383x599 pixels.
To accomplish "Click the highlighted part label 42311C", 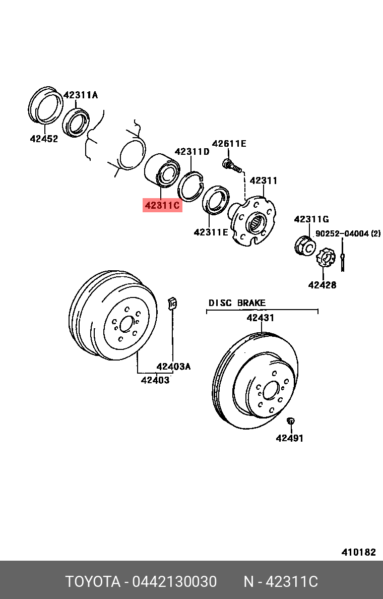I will point(162,205).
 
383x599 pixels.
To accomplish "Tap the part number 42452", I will point(44,139).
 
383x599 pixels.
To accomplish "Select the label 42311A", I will point(81,95).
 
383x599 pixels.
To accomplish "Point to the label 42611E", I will point(229,144).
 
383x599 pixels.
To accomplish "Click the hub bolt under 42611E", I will point(231,165).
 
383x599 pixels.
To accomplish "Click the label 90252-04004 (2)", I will point(348,233).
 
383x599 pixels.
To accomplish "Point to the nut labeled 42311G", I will point(304,245).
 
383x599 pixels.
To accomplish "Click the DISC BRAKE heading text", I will point(237,303).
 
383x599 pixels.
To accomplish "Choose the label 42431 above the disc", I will point(260,318).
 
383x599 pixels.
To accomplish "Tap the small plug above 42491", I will point(290,421).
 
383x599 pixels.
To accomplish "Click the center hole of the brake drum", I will point(126,324).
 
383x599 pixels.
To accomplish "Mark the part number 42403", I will point(155,380).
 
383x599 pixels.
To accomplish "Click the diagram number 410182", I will point(358,552).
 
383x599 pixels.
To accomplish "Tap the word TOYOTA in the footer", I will point(92,582).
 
